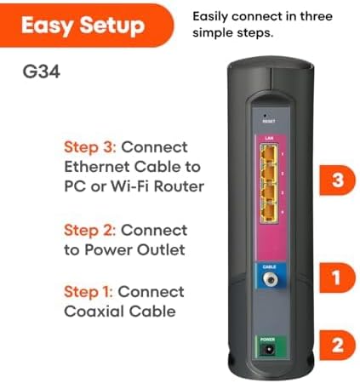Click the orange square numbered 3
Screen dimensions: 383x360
coord(337,180)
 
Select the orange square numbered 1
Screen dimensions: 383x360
coord(337,276)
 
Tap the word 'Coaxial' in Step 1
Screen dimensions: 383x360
coord(94,312)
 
